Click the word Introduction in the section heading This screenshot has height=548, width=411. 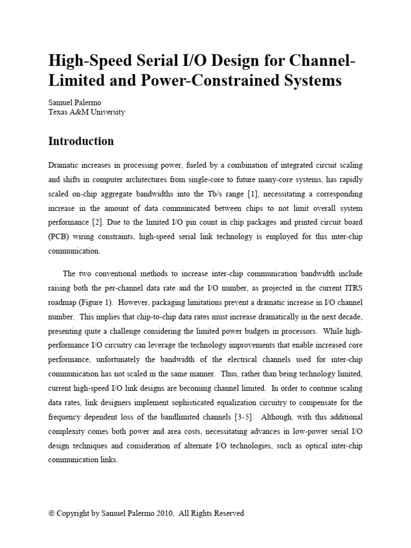point(81,141)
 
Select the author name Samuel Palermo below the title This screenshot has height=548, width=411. point(74,102)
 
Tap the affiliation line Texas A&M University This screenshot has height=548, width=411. point(86,112)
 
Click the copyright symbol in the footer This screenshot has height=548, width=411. point(51,513)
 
